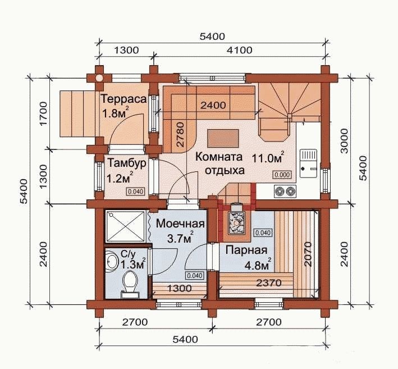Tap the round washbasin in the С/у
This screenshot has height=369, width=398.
111,259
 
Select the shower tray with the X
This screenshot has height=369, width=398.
125,226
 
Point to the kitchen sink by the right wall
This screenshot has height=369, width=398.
308,163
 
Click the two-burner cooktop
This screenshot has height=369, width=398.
285,190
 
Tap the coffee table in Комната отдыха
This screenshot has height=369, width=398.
223,138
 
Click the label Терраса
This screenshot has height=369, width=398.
124,99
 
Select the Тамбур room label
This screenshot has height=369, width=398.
127,163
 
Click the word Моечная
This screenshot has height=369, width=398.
180,224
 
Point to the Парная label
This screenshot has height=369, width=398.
246,250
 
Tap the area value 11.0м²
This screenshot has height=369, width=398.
268,158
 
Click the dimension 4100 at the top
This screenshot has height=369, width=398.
240,50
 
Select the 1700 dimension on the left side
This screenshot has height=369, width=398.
43,114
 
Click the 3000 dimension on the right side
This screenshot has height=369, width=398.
345,141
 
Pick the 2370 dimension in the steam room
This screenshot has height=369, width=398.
269,283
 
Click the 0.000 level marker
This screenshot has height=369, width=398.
282,175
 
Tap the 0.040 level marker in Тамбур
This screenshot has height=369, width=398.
136,192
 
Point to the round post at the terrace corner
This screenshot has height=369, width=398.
99,78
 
